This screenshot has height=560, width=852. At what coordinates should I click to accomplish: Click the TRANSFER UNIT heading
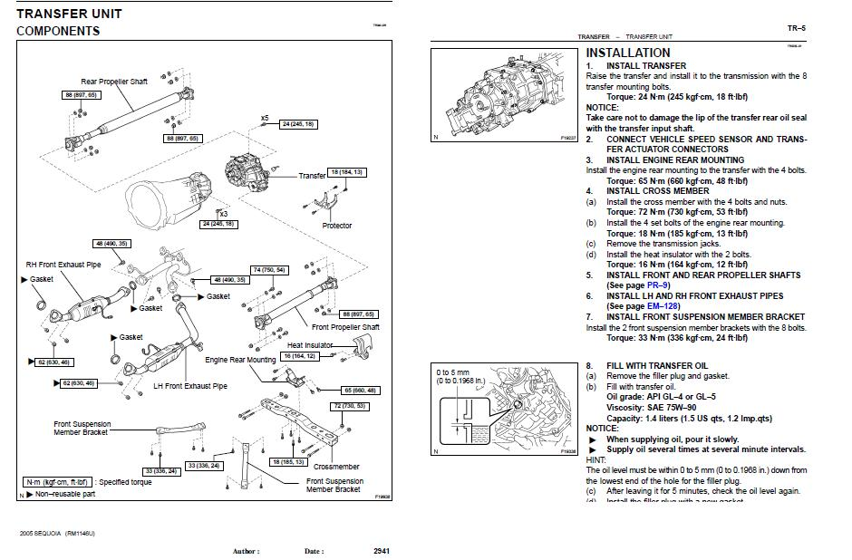pos(69,14)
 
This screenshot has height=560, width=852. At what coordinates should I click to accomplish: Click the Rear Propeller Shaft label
pos(114,82)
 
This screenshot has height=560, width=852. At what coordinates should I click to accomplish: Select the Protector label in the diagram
pos(337,226)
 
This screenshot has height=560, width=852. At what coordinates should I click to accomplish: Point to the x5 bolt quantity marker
pos(265,119)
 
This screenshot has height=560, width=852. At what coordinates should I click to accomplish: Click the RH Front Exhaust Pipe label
pos(63,265)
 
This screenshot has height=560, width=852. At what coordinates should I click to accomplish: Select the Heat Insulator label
pos(309,345)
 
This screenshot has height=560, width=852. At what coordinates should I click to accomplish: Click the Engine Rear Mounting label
pos(240,360)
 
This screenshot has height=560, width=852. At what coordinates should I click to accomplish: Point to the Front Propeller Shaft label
pos(345,327)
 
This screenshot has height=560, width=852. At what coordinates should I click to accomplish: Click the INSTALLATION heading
pos(628,53)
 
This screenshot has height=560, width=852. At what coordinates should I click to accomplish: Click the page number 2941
pos(382,551)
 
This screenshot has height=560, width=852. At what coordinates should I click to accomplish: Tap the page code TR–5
pos(796,28)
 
